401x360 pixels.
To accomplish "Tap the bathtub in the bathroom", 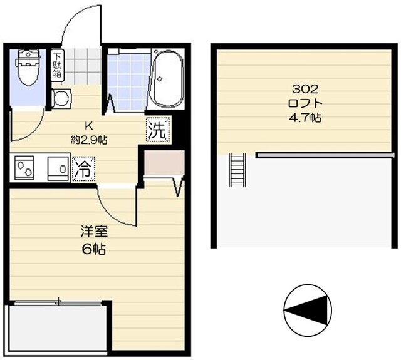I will [166, 81].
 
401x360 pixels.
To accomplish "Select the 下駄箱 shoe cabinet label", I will [57, 64].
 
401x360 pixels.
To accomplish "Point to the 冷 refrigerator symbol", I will [82, 168].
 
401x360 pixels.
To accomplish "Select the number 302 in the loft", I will [299, 89].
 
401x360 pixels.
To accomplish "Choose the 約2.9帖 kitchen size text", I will [88, 140].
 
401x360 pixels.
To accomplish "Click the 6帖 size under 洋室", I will [92, 249].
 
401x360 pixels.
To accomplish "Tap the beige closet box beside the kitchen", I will [162, 164].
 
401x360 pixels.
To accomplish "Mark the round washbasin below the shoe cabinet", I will [61, 98].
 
